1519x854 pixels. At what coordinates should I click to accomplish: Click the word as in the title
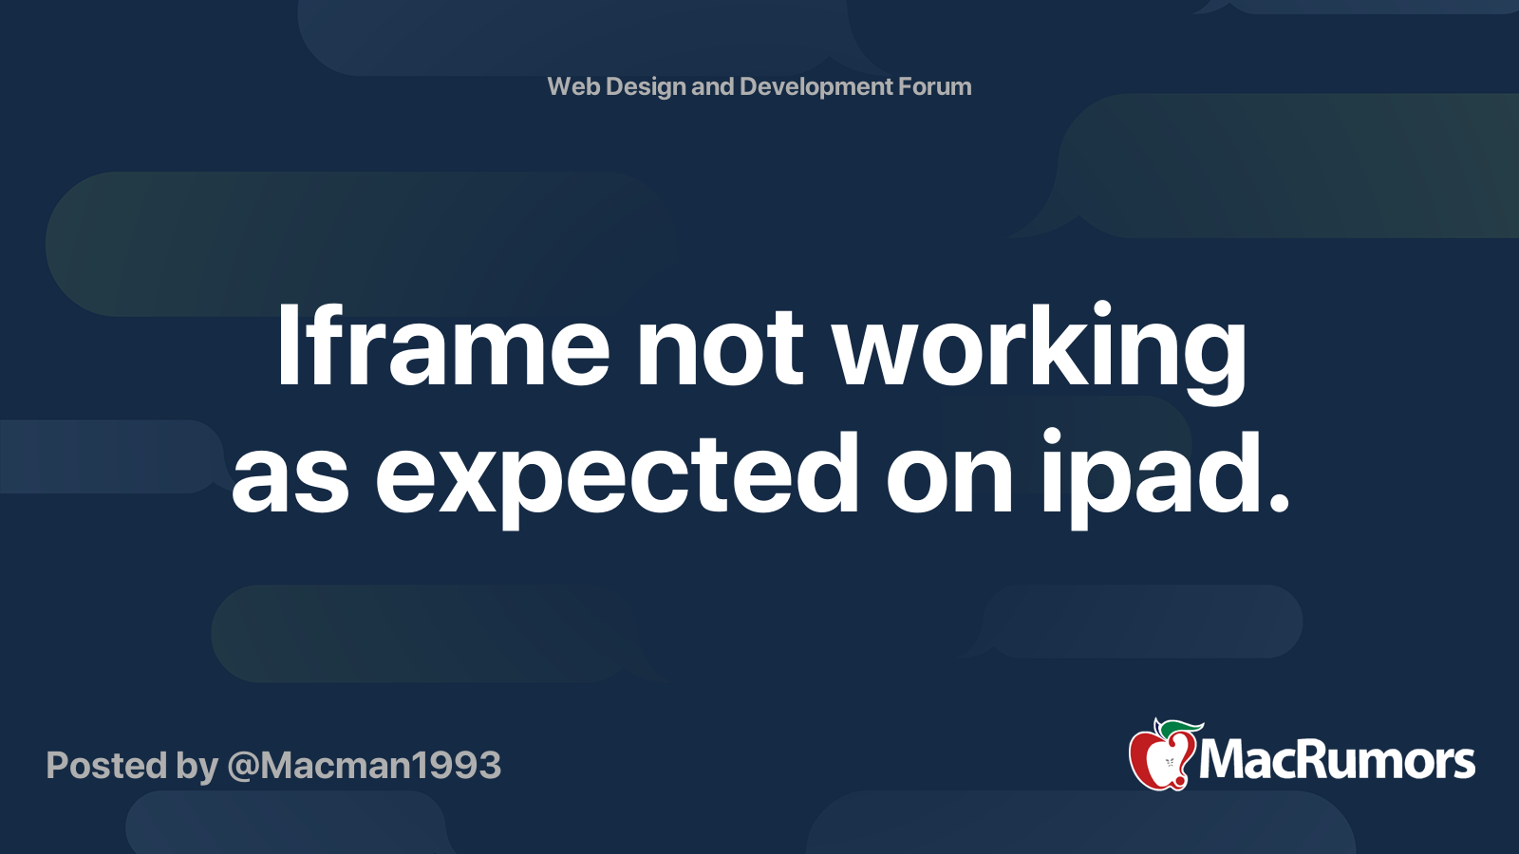click(291, 482)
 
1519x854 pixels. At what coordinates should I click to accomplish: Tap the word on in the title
click(949, 482)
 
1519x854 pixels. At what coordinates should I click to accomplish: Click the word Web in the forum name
click(573, 86)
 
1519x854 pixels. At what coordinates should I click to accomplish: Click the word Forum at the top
click(934, 86)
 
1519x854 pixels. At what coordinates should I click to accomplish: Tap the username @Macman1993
click(365, 766)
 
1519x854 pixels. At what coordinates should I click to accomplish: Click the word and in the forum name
click(712, 86)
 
